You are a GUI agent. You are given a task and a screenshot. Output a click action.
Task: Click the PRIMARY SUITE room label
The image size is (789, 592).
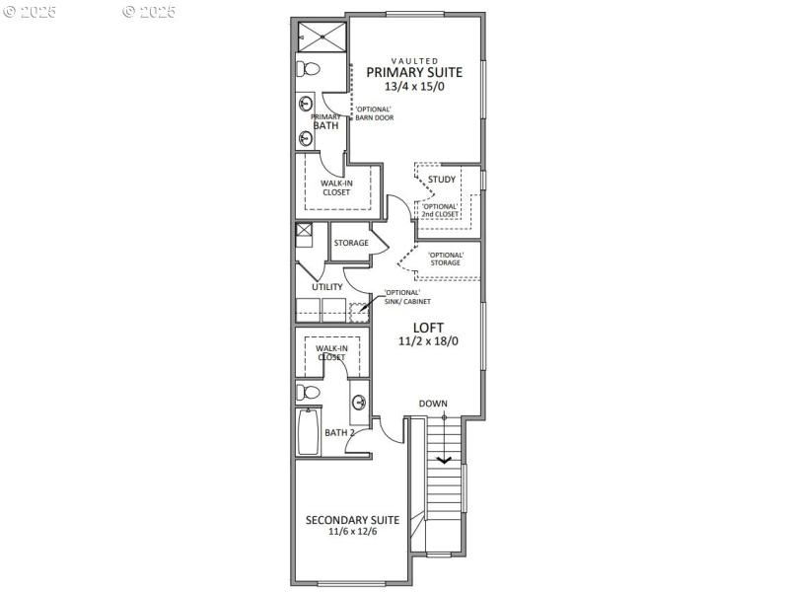click(x=414, y=72)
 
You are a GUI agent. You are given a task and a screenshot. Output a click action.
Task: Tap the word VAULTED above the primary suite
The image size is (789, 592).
click(x=414, y=59)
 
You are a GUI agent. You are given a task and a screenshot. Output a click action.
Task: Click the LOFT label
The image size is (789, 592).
click(x=428, y=328)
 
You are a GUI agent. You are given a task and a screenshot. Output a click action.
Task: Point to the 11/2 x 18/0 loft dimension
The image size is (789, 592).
click(x=428, y=342)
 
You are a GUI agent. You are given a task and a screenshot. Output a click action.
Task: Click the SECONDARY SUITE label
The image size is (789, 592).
click(x=352, y=520)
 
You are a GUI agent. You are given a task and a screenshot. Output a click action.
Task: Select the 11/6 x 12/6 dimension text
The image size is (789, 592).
click(x=352, y=532)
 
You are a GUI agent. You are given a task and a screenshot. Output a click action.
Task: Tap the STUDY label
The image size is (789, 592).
click(x=442, y=180)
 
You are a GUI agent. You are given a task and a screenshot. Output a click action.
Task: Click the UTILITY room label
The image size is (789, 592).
click(x=327, y=287)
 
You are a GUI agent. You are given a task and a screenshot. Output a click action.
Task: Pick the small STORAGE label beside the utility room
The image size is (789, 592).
click(x=351, y=243)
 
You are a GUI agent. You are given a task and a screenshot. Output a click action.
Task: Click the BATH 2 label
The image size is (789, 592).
click(x=339, y=432)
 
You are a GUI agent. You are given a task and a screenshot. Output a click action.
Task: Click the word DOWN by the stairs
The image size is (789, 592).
click(x=432, y=404)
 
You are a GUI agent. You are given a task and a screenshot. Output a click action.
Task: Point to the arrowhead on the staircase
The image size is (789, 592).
click(x=444, y=458)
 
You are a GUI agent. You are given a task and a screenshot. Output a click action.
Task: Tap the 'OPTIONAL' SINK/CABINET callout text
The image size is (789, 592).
click(x=402, y=298)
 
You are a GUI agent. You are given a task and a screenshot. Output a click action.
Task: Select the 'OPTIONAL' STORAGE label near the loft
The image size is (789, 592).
click(x=445, y=259)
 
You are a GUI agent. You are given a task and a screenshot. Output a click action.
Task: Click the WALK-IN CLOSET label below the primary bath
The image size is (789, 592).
click(x=335, y=187)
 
